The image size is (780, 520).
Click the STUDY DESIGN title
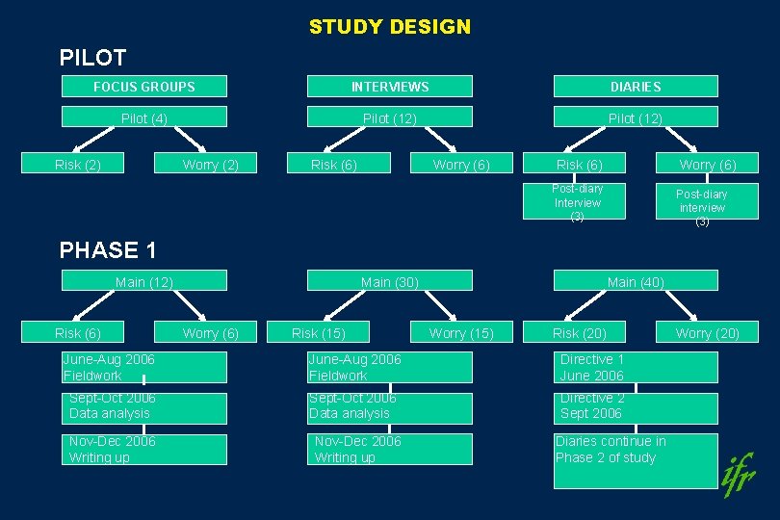tap(390, 27)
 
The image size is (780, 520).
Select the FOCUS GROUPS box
tap(144, 87)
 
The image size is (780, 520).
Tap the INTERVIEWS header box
tap(390, 87)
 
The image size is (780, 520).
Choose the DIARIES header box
tap(636, 87)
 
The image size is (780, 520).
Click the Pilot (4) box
tap(144, 117)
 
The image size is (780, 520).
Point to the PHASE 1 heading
tap(108, 250)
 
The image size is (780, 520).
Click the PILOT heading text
tap(92, 58)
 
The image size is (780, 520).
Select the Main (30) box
tap(390, 281)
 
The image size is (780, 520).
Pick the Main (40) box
tap(636, 281)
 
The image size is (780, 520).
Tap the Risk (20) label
tap(579, 333)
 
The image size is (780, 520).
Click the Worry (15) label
tap(461, 333)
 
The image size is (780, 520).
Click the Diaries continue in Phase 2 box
tap(636, 460)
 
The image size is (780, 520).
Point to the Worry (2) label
tap(210, 165)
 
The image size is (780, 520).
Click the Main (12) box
tap(144, 281)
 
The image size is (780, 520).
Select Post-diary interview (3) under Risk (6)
tap(578, 202)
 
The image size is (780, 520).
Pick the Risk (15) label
tap(318, 333)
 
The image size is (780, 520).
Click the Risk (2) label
tap(78, 165)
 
